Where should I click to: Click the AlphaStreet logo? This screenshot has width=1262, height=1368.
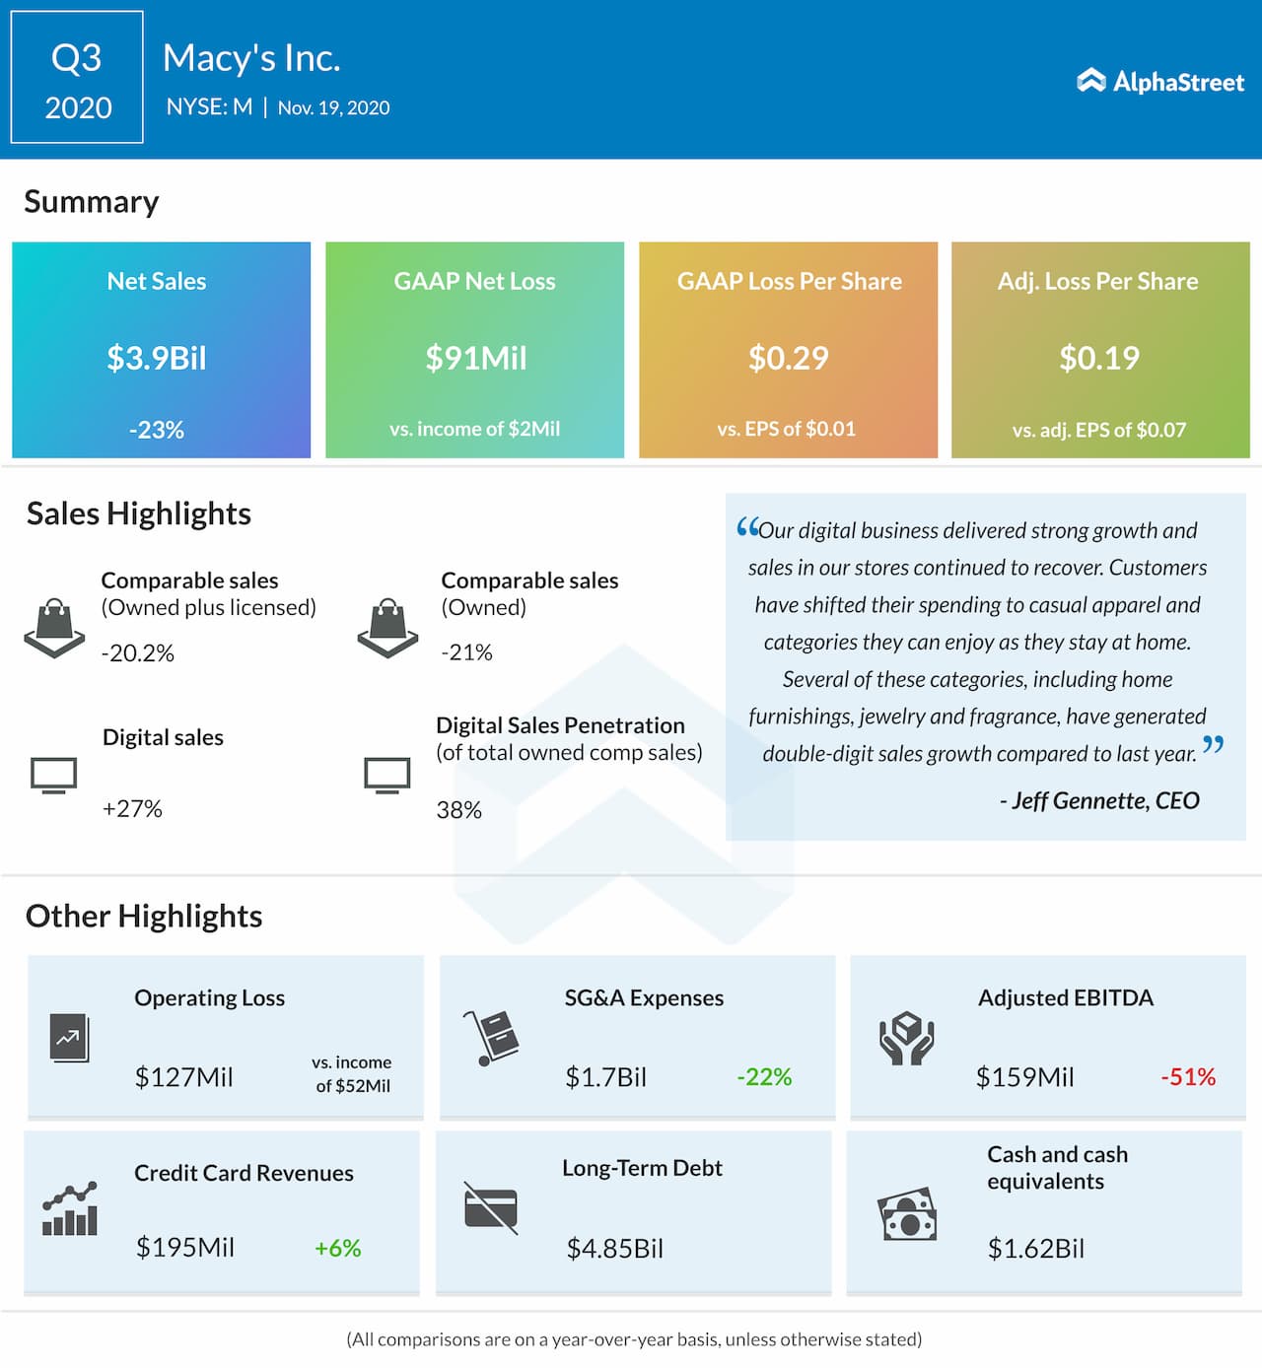[1160, 82]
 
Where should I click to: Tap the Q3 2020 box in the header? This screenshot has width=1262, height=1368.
[77, 78]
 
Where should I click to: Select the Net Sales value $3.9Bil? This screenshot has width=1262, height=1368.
[157, 358]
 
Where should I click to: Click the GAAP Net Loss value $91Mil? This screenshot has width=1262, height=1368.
[475, 358]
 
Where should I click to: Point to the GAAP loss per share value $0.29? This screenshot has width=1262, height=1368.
[788, 358]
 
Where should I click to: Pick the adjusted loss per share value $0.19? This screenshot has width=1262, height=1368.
[1099, 358]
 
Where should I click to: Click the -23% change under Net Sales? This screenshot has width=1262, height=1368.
[157, 430]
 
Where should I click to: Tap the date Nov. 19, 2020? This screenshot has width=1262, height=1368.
[333, 107]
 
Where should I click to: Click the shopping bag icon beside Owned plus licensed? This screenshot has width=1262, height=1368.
[54, 627]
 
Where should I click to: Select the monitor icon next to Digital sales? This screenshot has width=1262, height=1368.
[53, 776]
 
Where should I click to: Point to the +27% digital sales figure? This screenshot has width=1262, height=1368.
[132, 809]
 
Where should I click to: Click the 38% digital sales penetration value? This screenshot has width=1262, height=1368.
[458, 810]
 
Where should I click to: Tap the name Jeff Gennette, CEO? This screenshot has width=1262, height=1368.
[1099, 800]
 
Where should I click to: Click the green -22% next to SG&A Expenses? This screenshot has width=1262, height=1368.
[764, 1077]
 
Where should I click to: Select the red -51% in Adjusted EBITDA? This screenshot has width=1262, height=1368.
[1187, 1077]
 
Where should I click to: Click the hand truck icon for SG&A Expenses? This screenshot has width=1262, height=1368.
[491, 1038]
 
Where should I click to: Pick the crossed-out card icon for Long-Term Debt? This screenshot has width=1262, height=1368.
[491, 1207]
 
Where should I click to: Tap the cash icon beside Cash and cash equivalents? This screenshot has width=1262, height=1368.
[906, 1214]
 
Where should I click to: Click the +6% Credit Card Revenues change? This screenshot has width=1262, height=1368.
[337, 1249]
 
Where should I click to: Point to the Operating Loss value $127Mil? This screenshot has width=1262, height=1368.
[183, 1077]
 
